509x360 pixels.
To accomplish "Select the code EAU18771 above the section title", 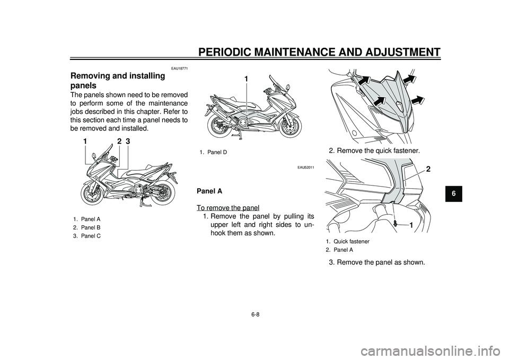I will (x=179, y=68).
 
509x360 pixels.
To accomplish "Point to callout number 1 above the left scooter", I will (x=85, y=142).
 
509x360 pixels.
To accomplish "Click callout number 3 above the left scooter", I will (x=128, y=142).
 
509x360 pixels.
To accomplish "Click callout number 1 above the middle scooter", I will (x=247, y=79).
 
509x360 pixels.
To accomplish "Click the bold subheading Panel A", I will (x=209, y=191).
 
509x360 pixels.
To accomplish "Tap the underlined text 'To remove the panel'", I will (x=228, y=207).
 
